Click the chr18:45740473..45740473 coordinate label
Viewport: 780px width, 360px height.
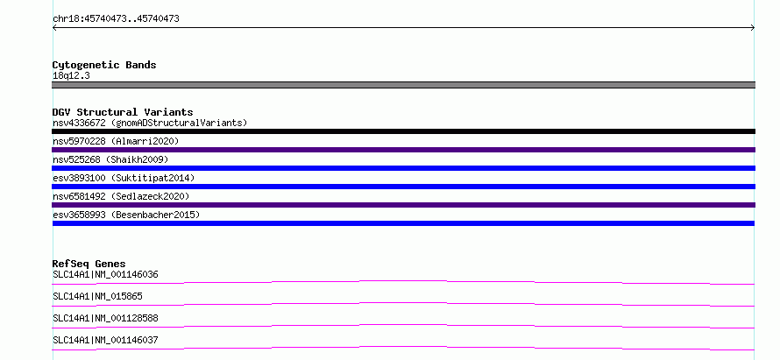[x=116, y=19]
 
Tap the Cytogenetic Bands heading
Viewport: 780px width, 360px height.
[x=104, y=65]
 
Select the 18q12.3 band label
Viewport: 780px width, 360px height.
[x=71, y=76]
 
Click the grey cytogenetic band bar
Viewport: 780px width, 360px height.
[x=403, y=85]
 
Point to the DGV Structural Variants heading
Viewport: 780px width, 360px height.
[x=123, y=112]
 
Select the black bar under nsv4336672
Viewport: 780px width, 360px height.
[x=403, y=131]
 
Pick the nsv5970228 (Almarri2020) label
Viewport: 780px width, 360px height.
[x=116, y=141]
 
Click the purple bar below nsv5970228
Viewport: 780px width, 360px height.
[x=403, y=150]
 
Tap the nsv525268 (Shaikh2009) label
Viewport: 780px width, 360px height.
[x=110, y=159]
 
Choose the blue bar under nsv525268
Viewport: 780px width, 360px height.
[x=403, y=168]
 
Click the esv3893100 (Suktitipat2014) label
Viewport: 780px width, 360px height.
[x=124, y=178]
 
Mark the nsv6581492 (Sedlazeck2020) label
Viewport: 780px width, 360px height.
[x=121, y=196]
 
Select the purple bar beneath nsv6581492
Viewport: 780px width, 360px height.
[x=403, y=205]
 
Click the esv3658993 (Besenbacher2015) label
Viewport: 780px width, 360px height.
[x=126, y=215]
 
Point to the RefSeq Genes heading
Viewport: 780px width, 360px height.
[x=89, y=264]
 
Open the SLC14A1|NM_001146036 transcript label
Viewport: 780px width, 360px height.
[x=105, y=274]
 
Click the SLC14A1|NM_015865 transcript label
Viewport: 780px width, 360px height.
[x=97, y=296]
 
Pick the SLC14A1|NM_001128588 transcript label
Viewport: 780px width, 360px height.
[x=105, y=318]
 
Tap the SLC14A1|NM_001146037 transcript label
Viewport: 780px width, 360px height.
[x=105, y=340]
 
